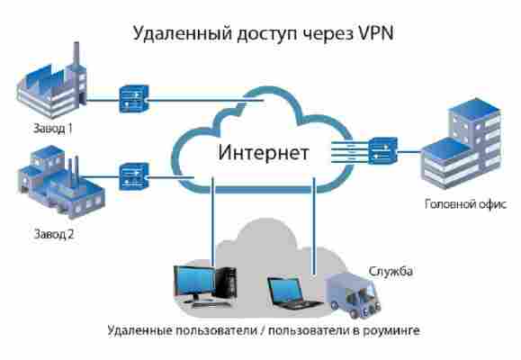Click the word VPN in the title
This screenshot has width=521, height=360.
point(375,33)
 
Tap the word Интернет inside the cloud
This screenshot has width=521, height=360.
point(264,153)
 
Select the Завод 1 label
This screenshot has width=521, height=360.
point(53,128)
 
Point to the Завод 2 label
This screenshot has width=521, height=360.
point(54,234)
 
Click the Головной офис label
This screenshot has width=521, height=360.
point(465,203)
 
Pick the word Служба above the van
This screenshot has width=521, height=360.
point(391,271)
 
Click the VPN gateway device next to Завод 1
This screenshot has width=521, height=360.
point(133,99)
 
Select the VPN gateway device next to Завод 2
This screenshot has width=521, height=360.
point(133,176)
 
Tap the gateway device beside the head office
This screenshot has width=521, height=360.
point(382,150)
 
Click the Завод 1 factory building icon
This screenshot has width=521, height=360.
point(52,81)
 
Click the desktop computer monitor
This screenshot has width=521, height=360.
point(195,283)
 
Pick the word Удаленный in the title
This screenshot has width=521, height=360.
point(182,33)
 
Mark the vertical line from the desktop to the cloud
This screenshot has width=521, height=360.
point(213,221)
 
